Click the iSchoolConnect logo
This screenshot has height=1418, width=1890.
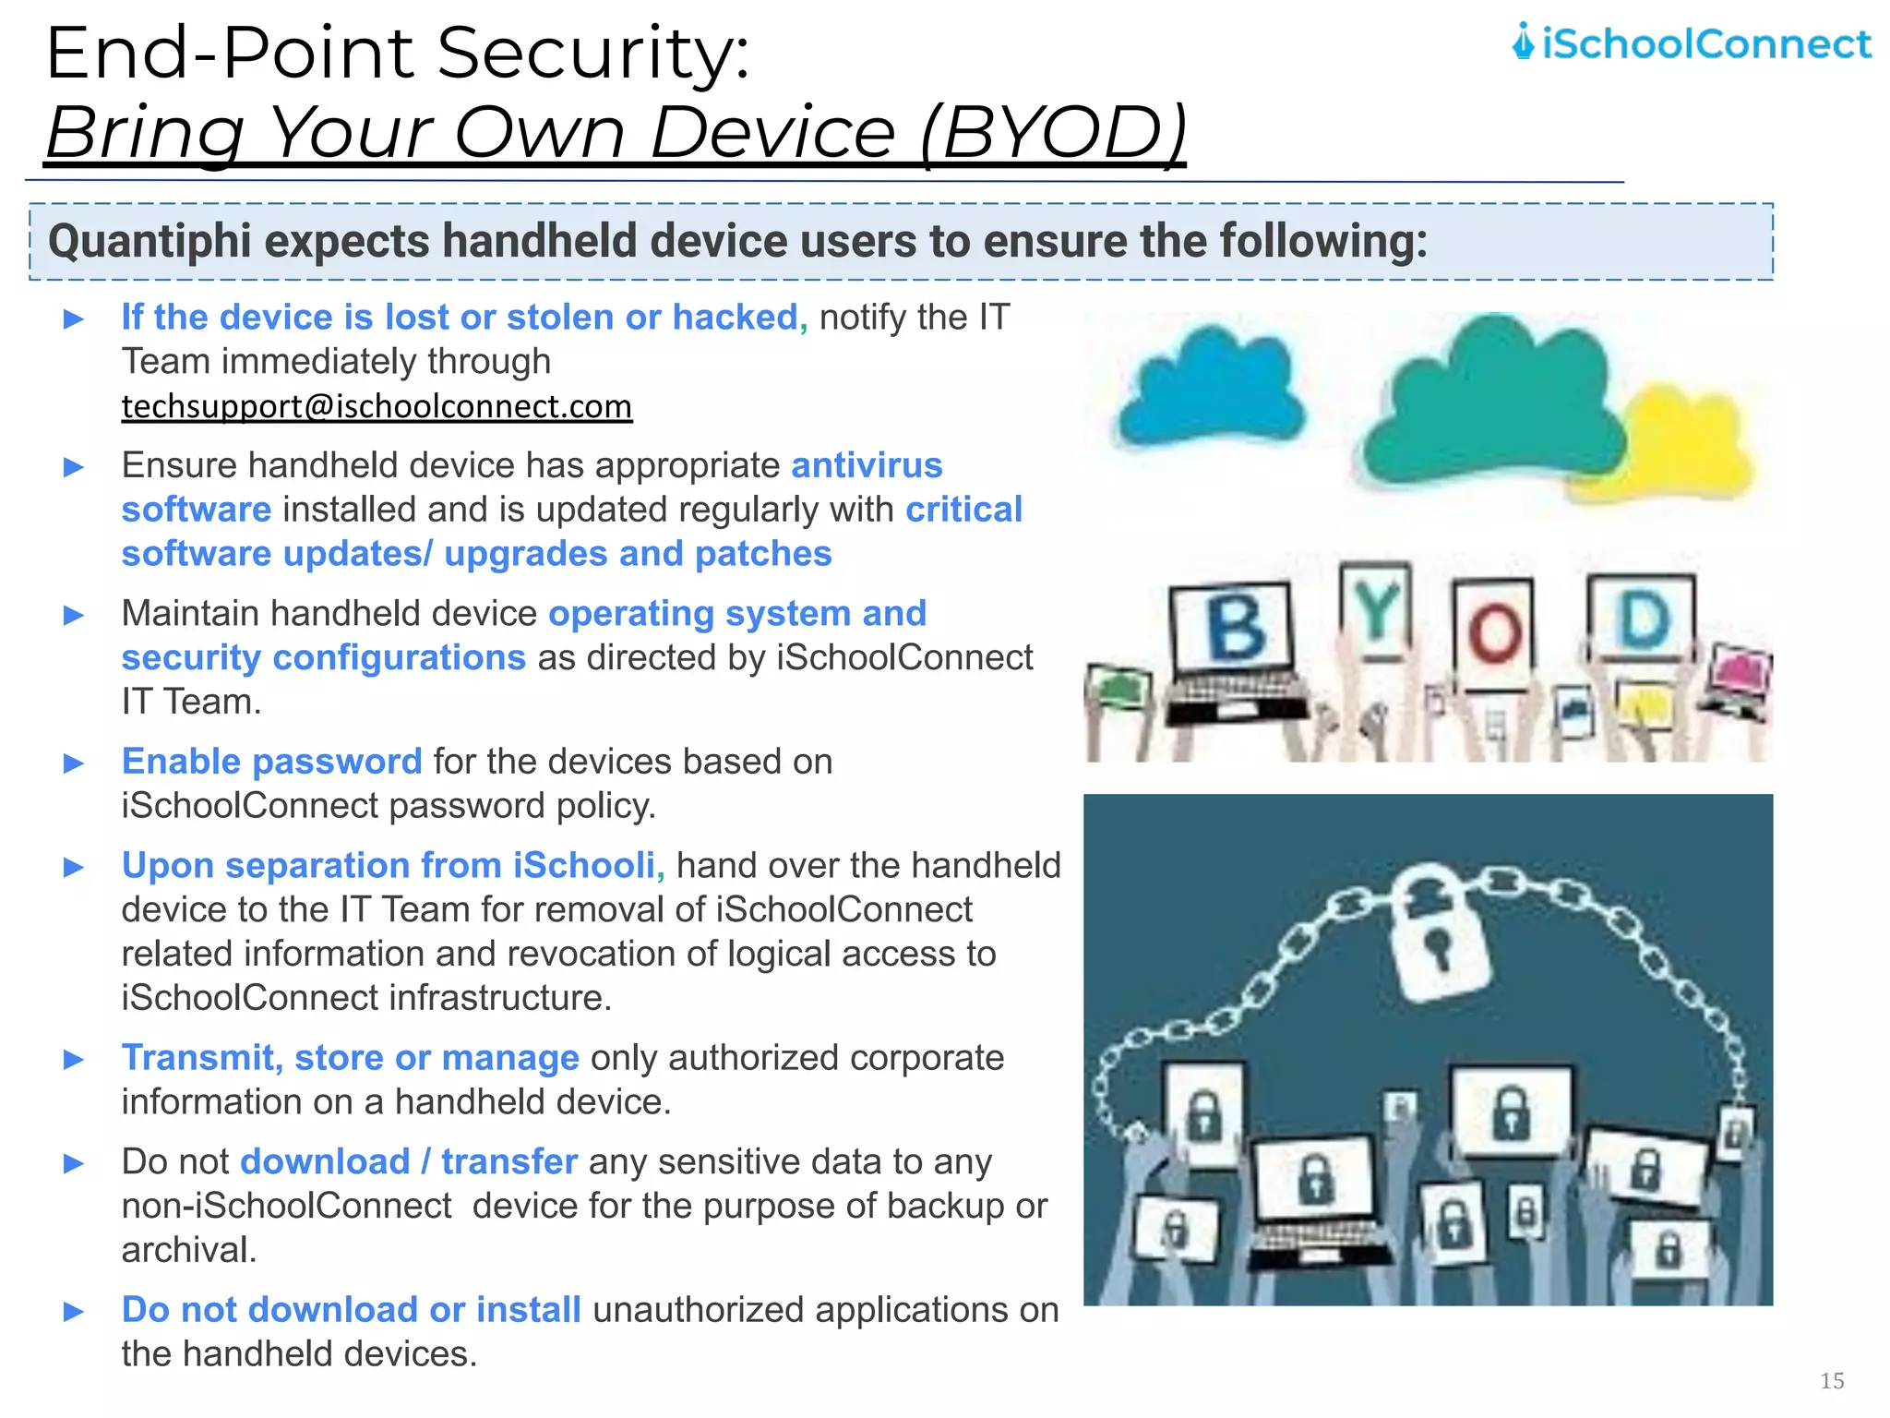pos(1691,43)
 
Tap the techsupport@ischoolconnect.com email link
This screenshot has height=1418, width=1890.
pos(377,407)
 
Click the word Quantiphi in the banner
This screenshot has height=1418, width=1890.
pos(149,242)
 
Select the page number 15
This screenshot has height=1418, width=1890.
pos(1832,1380)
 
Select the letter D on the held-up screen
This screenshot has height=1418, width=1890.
pos(1644,618)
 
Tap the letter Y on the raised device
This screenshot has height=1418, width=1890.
pos(1376,609)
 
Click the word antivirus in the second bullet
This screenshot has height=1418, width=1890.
pos(867,465)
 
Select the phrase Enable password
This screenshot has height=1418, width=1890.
pos(271,762)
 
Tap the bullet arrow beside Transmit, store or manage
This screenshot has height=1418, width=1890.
pos(74,1059)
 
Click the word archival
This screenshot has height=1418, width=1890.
pos(188,1250)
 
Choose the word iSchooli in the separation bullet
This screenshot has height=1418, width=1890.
pos(584,866)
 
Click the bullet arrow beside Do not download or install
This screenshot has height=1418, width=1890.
pos(74,1311)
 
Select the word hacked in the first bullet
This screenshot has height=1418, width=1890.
pos(735,318)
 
